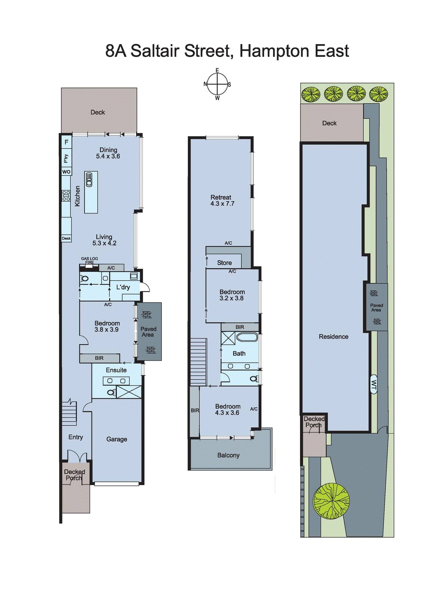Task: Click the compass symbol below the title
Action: (x=217, y=84)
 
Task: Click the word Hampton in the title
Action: (x=275, y=51)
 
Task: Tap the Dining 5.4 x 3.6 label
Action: (x=108, y=153)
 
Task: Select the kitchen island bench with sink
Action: (x=91, y=192)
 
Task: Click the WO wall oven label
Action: (x=66, y=172)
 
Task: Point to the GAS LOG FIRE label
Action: (x=89, y=260)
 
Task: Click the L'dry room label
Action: (x=123, y=287)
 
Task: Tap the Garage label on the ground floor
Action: (x=117, y=439)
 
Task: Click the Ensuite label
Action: (x=116, y=370)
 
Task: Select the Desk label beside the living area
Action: (x=66, y=238)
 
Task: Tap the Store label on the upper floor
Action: (x=224, y=263)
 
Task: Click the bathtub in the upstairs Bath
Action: (x=247, y=337)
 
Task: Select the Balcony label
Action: (x=228, y=455)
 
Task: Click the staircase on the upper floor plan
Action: (x=198, y=362)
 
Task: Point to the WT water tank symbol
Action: (x=374, y=384)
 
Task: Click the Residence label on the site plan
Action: (x=333, y=337)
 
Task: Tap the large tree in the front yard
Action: (x=331, y=501)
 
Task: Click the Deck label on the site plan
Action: (x=329, y=123)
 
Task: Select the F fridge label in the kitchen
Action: (x=67, y=142)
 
